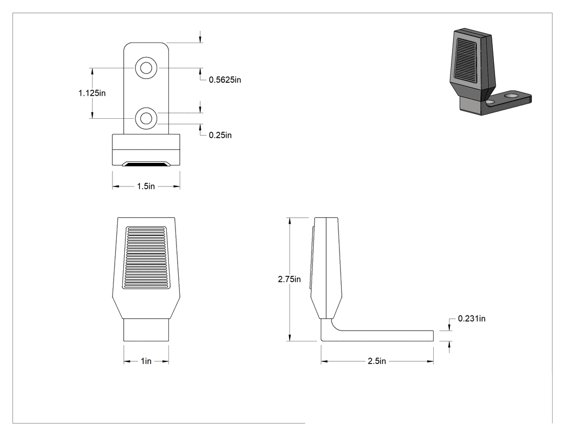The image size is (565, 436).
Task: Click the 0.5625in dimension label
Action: [225, 80]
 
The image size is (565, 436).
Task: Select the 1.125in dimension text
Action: [92, 93]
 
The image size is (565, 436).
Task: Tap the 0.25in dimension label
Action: [220, 135]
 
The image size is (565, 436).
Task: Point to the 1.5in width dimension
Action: [146, 187]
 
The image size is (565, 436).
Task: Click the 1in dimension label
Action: [146, 361]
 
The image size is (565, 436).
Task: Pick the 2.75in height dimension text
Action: [289, 280]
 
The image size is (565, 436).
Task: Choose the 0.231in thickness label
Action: [471, 319]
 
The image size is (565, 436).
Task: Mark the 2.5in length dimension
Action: [377, 361]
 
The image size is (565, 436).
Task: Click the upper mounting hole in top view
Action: [146, 68]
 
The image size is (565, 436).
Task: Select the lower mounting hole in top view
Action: [146, 118]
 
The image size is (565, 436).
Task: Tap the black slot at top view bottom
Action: [146, 164]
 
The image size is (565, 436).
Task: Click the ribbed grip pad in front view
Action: [146, 258]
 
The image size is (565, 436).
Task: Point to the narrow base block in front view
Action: [146, 330]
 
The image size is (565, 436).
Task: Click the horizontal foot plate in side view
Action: [382, 335]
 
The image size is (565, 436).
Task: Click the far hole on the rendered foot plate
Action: [511, 96]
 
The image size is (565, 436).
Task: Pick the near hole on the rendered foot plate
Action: [490, 102]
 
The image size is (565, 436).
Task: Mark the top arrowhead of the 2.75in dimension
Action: [289, 221]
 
